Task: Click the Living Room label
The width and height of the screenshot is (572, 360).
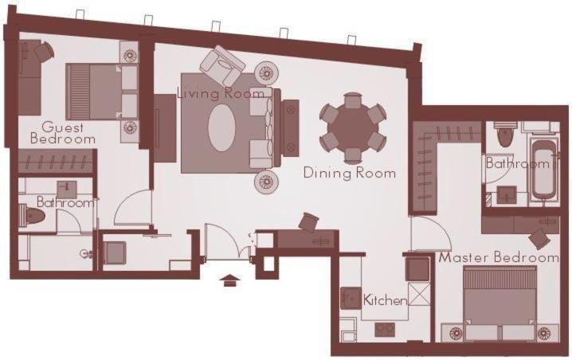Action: click(220, 93)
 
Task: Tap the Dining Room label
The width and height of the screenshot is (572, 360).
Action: click(350, 172)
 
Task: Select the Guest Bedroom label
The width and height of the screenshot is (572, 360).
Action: click(63, 133)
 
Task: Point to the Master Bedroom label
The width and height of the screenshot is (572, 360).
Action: click(499, 258)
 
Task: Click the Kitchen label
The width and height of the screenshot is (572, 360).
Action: click(386, 300)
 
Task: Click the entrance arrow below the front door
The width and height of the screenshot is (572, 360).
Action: click(230, 279)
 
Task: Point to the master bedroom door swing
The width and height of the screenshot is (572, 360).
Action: click(429, 233)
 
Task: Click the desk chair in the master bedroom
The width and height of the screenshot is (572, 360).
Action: click(540, 237)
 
